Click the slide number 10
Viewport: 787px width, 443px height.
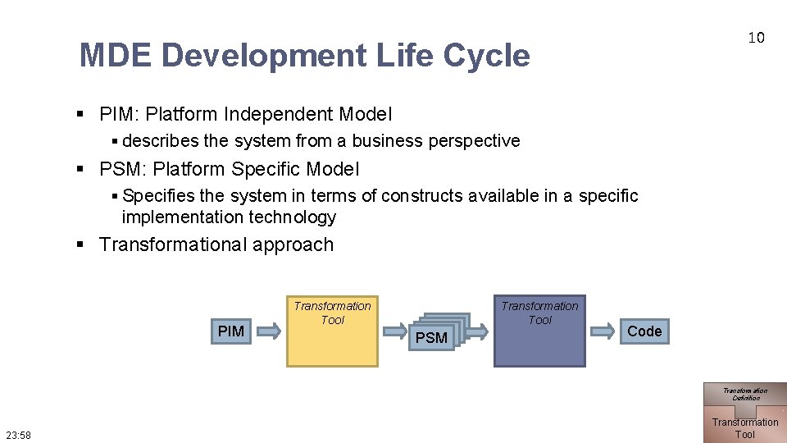(755, 38)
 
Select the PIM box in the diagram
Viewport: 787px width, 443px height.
(231, 331)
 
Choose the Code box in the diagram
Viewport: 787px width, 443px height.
(644, 331)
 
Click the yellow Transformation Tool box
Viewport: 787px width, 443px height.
(332, 331)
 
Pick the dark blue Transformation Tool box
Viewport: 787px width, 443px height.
(539, 331)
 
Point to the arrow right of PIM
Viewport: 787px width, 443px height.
(267, 331)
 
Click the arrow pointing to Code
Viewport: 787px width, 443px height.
(603, 331)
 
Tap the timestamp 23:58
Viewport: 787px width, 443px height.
(17, 435)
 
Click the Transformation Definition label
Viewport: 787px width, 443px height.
(745, 394)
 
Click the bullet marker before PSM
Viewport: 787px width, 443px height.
(81, 170)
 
